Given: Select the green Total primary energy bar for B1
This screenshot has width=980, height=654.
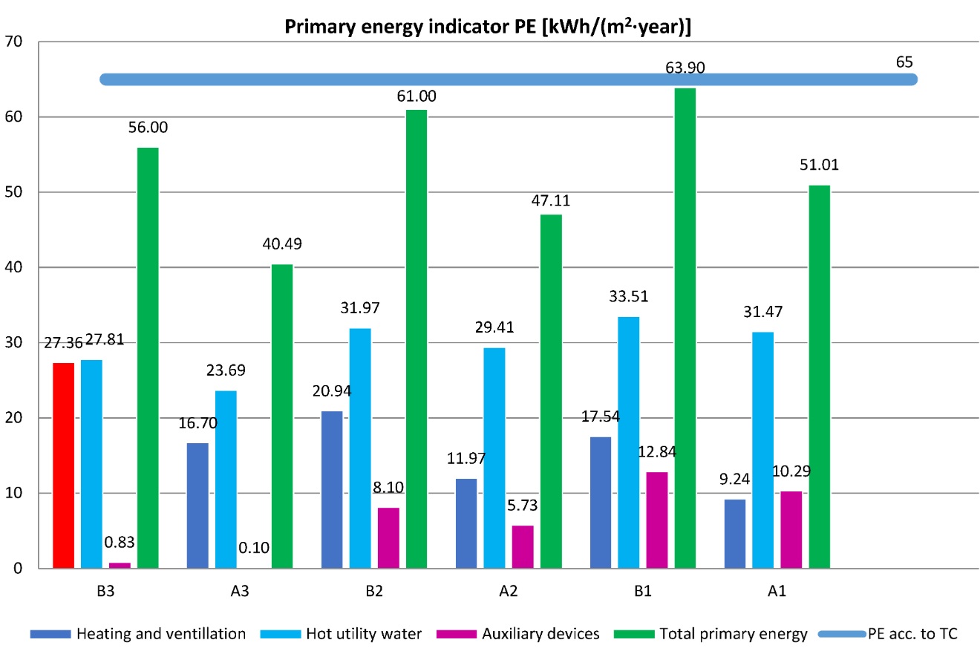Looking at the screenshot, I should click(x=685, y=328).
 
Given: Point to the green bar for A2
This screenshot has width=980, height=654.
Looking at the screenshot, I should click(x=551, y=391).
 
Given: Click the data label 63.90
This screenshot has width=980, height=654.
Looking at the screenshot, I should click(x=685, y=69).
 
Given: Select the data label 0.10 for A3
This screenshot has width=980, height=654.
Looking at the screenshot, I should click(x=254, y=549).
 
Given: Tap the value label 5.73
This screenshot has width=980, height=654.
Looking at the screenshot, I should click(x=523, y=507).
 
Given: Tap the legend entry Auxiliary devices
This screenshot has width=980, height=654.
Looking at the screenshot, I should click(x=532, y=634).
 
